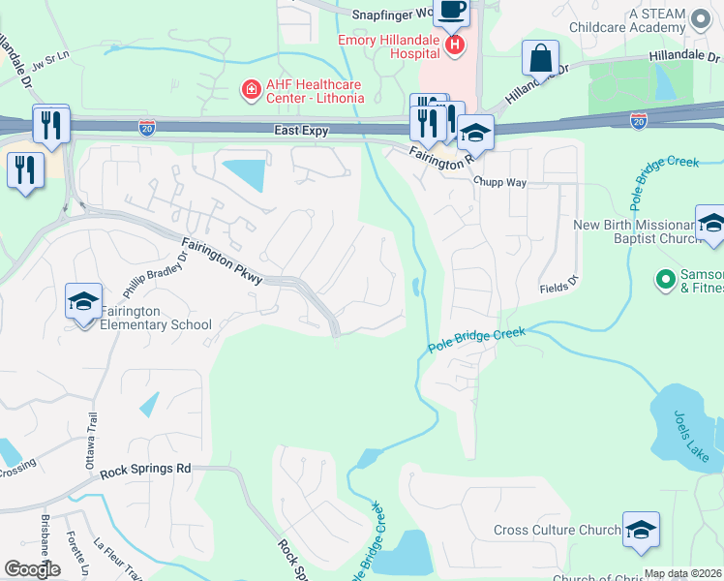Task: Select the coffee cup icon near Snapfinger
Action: point(450,11)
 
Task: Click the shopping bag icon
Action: point(540,58)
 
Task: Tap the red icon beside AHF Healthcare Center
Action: point(251,90)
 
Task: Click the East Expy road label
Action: point(302,130)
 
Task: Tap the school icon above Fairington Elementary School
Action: point(83,300)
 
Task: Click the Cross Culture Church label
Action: point(557,530)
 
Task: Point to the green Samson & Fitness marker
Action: point(665,280)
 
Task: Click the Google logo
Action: point(32,569)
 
